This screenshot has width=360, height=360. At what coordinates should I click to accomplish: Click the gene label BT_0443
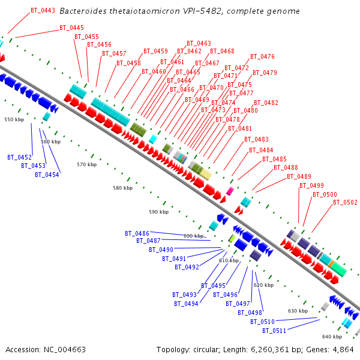click(x=43, y=10)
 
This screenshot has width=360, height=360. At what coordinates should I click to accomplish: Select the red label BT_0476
click(x=262, y=56)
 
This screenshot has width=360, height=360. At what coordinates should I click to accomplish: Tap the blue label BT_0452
click(x=20, y=157)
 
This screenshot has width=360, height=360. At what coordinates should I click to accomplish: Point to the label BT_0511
click(x=274, y=331)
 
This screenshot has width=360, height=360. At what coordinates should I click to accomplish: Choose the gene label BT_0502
click(x=346, y=202)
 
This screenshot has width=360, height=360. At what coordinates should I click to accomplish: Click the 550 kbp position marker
click(x=14, y=119)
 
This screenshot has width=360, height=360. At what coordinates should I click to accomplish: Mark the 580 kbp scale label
click(x=123, y=188)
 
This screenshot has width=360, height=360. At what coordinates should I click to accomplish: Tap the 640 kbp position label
click(x=332, y=337)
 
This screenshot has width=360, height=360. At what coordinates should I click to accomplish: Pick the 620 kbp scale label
click(x=264, y=285)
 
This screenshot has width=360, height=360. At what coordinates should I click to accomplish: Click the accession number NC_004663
click(x=65, y=350)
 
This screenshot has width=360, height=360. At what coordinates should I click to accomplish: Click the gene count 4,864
click(x=343, y=350)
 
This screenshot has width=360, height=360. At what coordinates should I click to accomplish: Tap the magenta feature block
click(x=230, y=191)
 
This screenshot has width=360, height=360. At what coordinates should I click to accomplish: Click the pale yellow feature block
click(x=206, y=175)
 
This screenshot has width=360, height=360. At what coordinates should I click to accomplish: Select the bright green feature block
click(x=232, y=239)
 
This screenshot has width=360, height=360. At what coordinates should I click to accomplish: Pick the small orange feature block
click(x=331, y=264)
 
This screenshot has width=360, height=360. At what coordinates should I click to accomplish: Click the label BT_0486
click(x=137, y=233)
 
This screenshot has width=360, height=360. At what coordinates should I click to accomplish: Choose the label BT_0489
click(x=299, y=176)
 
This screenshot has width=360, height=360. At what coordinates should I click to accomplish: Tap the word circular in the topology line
click(x=206, y=350)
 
